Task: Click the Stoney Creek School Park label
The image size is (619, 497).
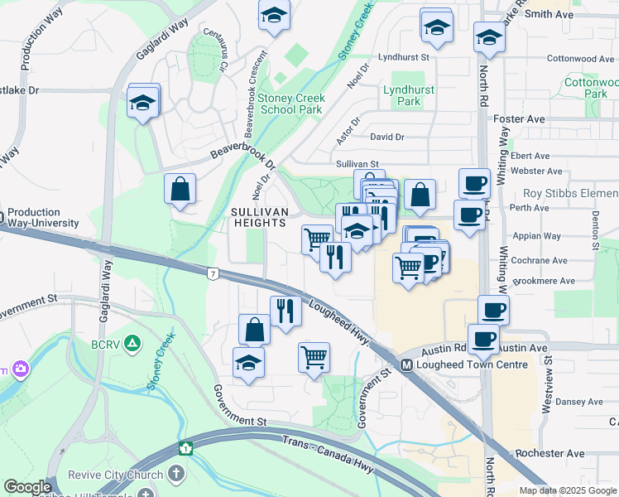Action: click(290, 104)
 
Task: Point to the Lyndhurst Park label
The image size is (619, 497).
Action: click(403, 95)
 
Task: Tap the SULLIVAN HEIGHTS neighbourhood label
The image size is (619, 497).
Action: click(259, 218)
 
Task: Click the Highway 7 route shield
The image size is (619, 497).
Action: click(214, 273)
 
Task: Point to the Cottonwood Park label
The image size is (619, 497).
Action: click(591, 88)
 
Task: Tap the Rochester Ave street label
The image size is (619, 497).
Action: click(549, 454)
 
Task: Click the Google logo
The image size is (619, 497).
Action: click(27, 487)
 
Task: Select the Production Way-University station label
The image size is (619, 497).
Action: click(43, 218)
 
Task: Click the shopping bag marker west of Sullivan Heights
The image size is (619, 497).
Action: click(180, 190)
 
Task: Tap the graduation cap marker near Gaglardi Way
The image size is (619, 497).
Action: click(143, 104)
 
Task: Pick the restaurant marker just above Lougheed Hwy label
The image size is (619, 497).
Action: click(285, 311)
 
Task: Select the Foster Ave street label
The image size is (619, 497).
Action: click(518, 119)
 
